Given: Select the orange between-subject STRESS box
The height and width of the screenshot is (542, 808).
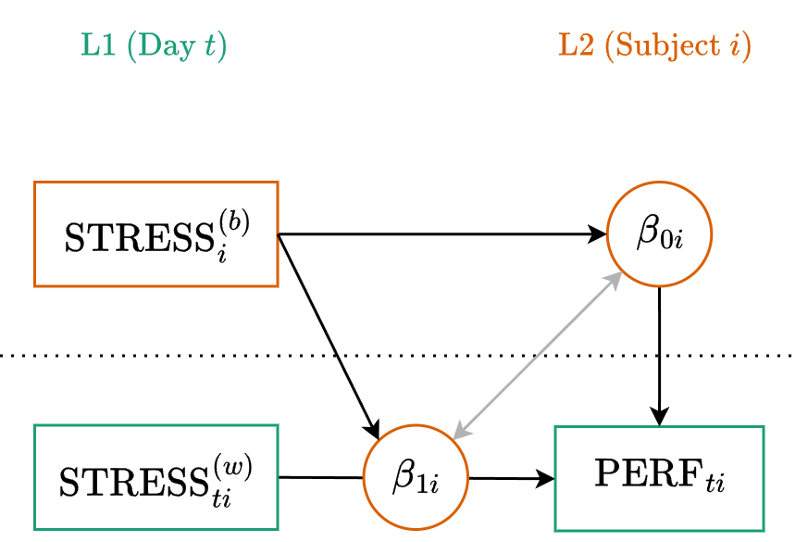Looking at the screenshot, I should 155,234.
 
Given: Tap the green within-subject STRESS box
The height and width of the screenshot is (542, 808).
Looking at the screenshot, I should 155,478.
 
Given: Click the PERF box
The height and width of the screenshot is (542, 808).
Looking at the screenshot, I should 659,478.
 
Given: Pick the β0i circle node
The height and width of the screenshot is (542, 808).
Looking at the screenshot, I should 659,234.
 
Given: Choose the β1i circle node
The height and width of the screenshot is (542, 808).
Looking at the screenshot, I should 416,478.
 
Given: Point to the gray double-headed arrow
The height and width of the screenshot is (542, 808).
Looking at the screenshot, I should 537,354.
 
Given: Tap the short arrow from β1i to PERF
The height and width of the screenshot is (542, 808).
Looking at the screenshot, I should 511,478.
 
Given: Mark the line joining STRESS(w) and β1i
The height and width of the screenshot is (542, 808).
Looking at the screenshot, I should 320,478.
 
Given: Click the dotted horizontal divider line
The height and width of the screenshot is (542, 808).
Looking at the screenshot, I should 185,355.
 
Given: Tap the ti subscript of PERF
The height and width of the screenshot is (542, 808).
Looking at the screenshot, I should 714,485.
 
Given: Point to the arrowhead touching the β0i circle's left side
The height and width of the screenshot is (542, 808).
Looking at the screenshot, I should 598,234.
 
